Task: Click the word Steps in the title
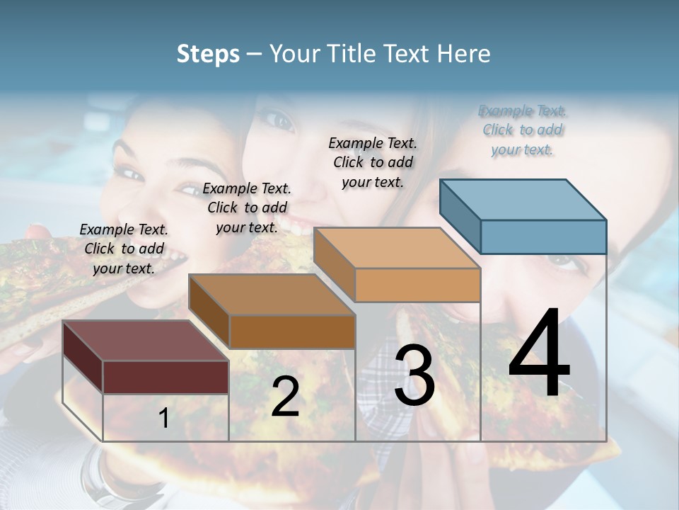pyautogui.click(x=208, y=54)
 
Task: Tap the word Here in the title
pyautogui.click(x=463, y=54)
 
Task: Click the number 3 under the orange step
pyautogui.click(x=414, y=375)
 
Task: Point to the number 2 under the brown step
pyautogui.click(x=285, y=397)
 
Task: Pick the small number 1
pyautogui.click(x=164, y=419)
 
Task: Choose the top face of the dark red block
pyautogui.click(x=146, y=341)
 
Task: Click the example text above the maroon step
pyautogui.click(x=124, y=249)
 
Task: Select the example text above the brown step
pyautogui.click(x=247, y=208)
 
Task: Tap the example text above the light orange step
pyautogui.click(x=373, y=162)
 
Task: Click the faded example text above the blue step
pyautogui.click(x=523, y=130)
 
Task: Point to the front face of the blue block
pyautogui.click(x=543, y=237)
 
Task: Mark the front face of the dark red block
pyautogui.click(x=166, y=377)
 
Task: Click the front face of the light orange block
pyautogui.click(x=417, y=285)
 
